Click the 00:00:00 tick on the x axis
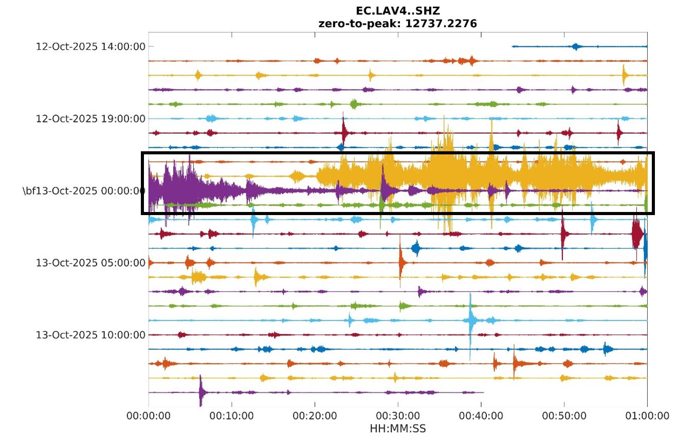[149, 416]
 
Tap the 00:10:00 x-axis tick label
[232, 416]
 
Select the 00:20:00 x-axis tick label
[315, 416]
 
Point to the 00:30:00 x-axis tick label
[398, 416]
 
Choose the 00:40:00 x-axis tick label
[481, 416]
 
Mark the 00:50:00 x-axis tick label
[564, 416]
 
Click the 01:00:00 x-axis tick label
[647, 416]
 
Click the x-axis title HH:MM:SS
[397, 428]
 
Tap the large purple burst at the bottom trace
[202, 393]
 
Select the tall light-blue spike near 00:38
[470, 321]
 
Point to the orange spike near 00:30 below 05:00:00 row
[400, 262]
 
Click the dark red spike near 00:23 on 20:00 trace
[343, 132]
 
